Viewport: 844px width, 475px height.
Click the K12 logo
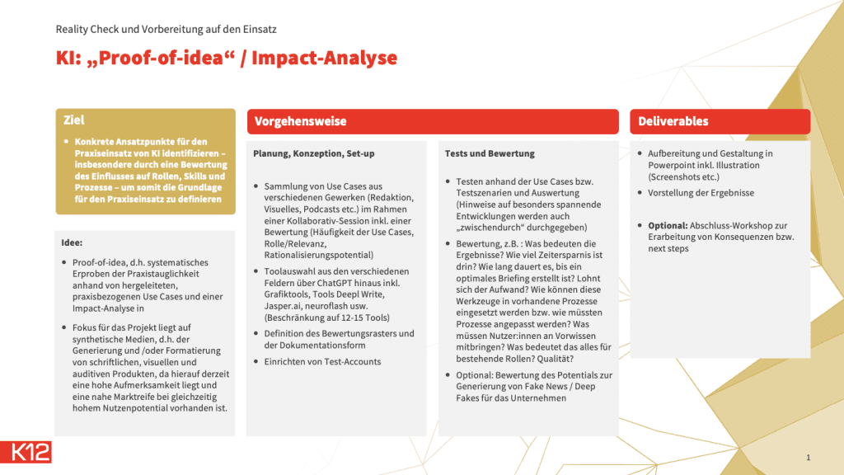coord(26,452)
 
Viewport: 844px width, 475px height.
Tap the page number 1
coord(808,457)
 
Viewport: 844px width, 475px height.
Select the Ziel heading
coord(73,120)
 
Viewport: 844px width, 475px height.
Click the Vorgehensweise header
coord(300,121)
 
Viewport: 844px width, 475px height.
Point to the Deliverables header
coord(673,121)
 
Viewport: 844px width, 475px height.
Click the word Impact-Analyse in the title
coord(324,58)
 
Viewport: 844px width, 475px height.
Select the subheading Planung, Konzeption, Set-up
coord(314,153)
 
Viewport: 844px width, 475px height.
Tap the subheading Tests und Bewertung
coord(490,153)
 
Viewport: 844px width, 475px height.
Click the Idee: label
coord(72,243)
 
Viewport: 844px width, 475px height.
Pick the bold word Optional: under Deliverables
coord(668,226)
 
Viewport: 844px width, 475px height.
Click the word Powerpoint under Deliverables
coord(672,165)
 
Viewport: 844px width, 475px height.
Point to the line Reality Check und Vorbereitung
coord(166,29)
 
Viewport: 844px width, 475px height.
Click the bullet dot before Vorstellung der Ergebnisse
coord(640,193)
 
